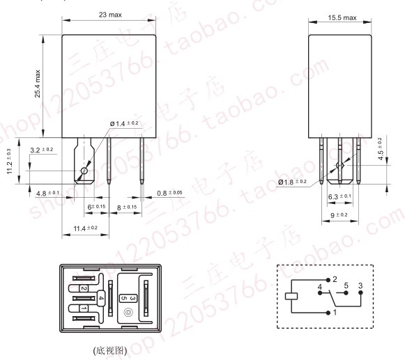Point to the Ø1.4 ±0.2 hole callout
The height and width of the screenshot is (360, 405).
click(x=124, y=123)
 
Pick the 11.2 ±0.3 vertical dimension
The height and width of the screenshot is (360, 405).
click(x=10, y=162)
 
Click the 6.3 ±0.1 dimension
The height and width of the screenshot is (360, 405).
click(x=339, y=196)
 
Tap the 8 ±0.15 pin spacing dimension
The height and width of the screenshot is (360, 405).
click(x=127, y=208)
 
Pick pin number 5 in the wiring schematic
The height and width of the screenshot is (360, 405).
click(x=345, y=285)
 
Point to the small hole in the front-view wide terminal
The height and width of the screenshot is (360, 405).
click(x=84, y=171)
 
